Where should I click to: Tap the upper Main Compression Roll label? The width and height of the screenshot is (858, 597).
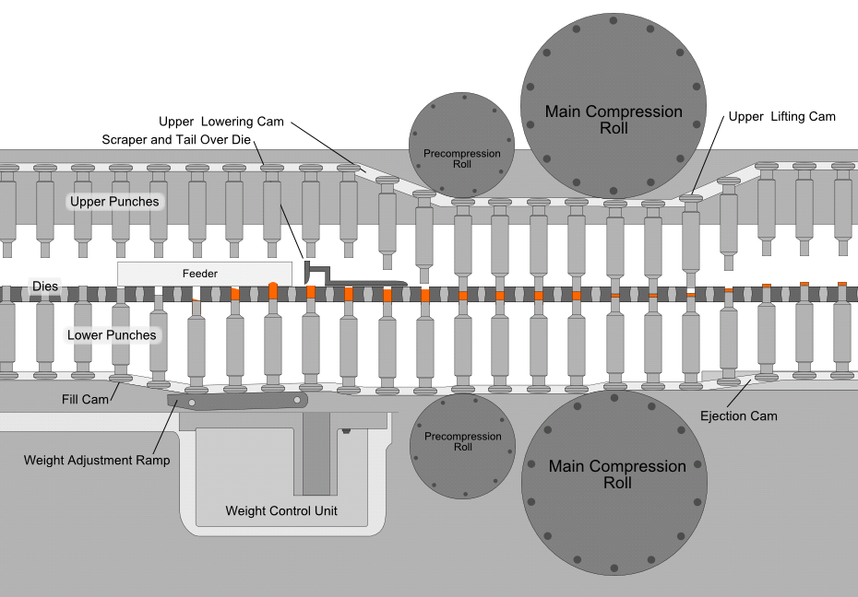tap(614, 120)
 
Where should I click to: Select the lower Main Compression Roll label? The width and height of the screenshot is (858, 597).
tap(617, 474)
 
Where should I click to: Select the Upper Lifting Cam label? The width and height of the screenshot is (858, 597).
tap(781, 116)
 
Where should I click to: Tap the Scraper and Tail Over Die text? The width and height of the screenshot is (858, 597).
tap(177, 139)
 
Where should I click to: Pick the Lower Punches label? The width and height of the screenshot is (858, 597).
tap(112, 334)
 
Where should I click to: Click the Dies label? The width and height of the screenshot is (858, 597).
tap(46, 287)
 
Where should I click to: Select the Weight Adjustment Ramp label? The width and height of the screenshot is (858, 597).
tap(97, 460)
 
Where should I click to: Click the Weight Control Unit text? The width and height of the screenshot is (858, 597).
tap(281, 510)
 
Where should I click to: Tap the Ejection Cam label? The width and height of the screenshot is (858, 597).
tap(750, 416)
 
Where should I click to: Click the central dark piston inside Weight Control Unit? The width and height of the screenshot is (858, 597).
tap(316, 451)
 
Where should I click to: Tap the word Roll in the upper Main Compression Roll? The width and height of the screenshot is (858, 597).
tap(614, 129)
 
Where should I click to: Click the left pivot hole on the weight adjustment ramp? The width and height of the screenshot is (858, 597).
tap(193, 404)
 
